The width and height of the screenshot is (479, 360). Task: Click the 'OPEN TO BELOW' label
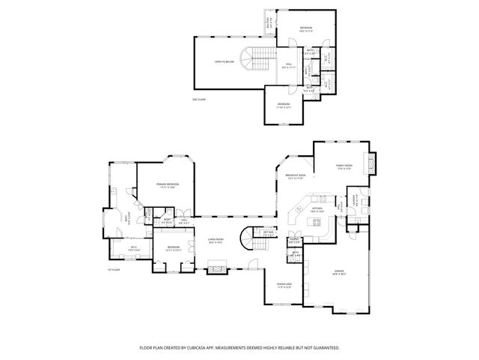[225, 61]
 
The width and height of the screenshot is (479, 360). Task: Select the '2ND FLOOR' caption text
[198, 99]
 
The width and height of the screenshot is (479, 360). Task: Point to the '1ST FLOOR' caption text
[114, 268]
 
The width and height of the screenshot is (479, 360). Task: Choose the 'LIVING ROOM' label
[216, 239]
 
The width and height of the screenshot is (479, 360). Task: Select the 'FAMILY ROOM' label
[344, 167]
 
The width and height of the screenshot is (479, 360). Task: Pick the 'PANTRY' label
[295, 239]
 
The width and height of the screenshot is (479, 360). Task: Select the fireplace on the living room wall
[216, 266]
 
